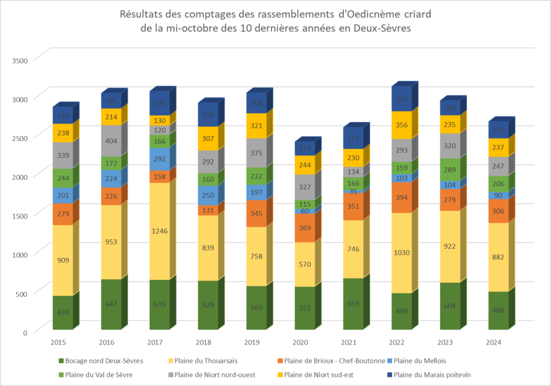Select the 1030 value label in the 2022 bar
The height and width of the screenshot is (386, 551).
point(401,253)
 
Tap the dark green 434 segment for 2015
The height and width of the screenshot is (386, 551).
point(62,313)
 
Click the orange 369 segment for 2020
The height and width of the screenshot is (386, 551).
point(305,228)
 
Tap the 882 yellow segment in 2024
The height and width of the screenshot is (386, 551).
point(498,257)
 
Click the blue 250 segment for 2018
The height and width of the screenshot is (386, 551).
point(208,195)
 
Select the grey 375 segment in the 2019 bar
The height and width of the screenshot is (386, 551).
point(256,153)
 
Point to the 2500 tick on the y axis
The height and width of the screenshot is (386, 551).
point(19,137)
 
